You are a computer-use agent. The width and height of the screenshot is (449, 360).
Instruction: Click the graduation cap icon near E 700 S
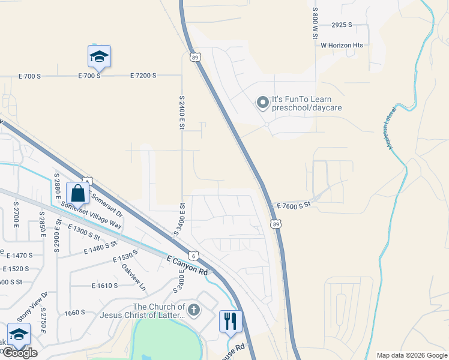coord(99,57)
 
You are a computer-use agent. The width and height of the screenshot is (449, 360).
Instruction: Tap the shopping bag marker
coord(77,194)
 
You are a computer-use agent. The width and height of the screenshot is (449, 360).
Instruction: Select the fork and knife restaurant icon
coord(230,321)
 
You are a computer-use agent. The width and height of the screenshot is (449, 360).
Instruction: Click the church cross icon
coord(193,310)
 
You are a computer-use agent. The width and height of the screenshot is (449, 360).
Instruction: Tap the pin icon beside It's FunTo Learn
coord(262,103)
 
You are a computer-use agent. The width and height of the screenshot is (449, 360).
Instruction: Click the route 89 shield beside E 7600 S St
coord(275,224)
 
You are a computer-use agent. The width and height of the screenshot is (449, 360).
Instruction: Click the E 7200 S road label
coord(143,76)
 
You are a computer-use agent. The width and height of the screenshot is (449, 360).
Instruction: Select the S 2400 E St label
coord(181,112)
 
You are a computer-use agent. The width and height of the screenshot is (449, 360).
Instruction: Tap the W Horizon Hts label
coord(342,45)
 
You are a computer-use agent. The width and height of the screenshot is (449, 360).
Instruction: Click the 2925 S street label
coord(342,25)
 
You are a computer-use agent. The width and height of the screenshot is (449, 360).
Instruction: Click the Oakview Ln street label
coord(133,277)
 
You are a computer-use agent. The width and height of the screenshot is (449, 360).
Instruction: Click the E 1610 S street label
coord(104,286)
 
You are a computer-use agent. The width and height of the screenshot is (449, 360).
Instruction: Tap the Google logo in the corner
coord(20,353)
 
